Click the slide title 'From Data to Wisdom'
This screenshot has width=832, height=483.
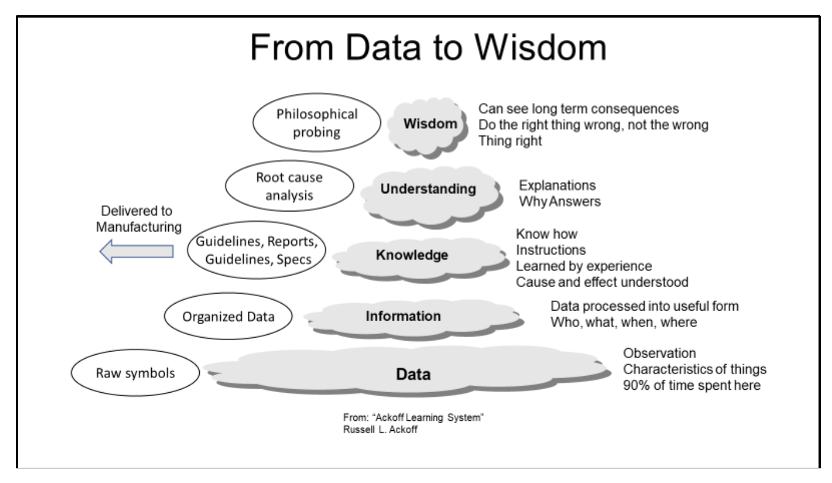(x=428, y=47)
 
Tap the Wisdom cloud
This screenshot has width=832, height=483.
(x=428, y=127)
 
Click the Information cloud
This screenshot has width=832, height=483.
(x=414, y=319)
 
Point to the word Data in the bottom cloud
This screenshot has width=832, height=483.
(x=414, y=374)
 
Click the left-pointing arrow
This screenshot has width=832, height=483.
(x=137, y=251)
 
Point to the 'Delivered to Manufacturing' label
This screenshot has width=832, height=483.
(x=138, y=219)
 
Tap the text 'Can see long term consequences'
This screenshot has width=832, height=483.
(x=578, y=109)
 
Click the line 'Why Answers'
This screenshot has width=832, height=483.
(x=560, y=202)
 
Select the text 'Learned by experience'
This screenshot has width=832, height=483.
(x=584, y=266)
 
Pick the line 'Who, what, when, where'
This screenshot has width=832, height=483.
(x=623, y=322)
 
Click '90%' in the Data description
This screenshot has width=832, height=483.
(x=636, y=385)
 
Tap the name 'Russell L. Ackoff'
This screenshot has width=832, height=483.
(x=380, y=430)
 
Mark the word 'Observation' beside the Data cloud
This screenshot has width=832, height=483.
(x=659, y=353)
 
